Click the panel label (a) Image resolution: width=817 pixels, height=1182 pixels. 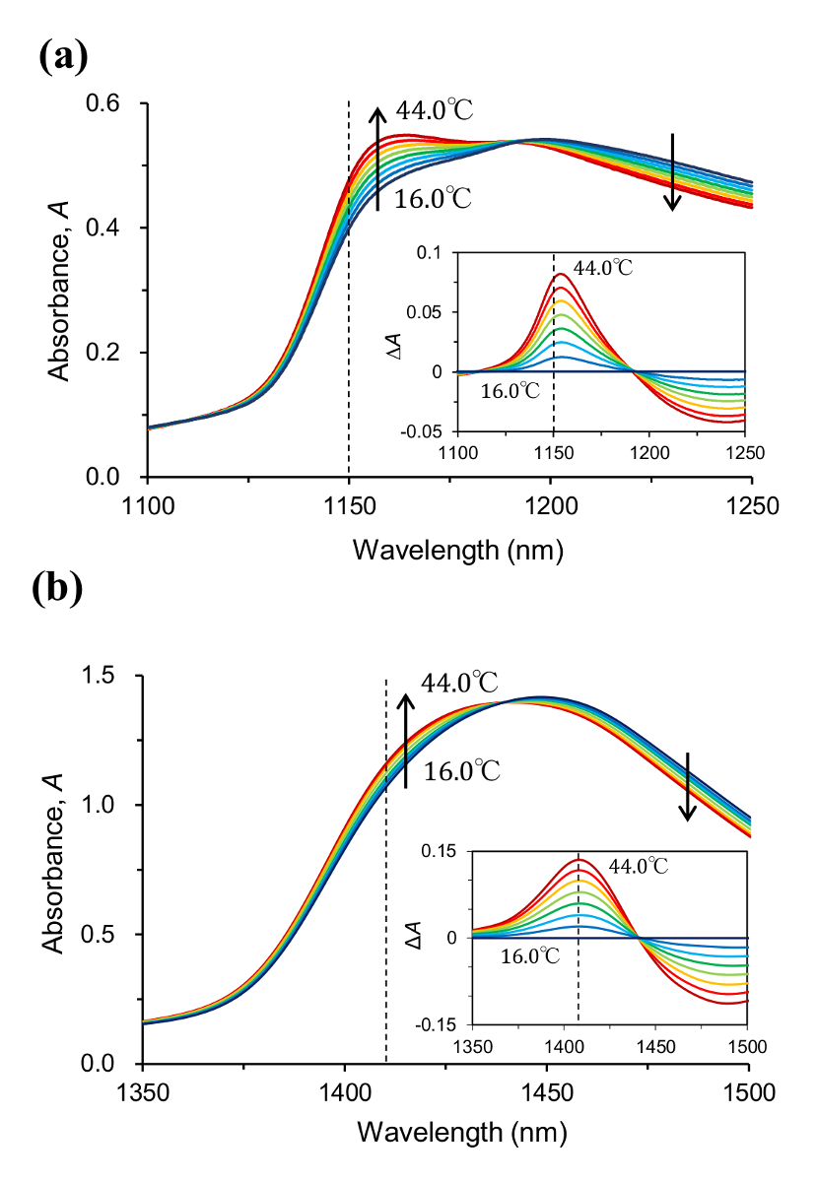point(65,55)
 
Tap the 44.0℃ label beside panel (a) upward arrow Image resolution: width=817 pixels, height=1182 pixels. point(434,111)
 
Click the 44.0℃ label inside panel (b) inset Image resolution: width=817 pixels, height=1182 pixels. point(639,867)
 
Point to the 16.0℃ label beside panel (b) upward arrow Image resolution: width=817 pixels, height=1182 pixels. point(461,772)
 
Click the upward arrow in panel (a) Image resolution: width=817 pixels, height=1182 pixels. point(377,158)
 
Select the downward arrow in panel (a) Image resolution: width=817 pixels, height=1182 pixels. point(672,171)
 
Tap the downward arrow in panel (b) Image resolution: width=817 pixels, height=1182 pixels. point(688,785)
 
